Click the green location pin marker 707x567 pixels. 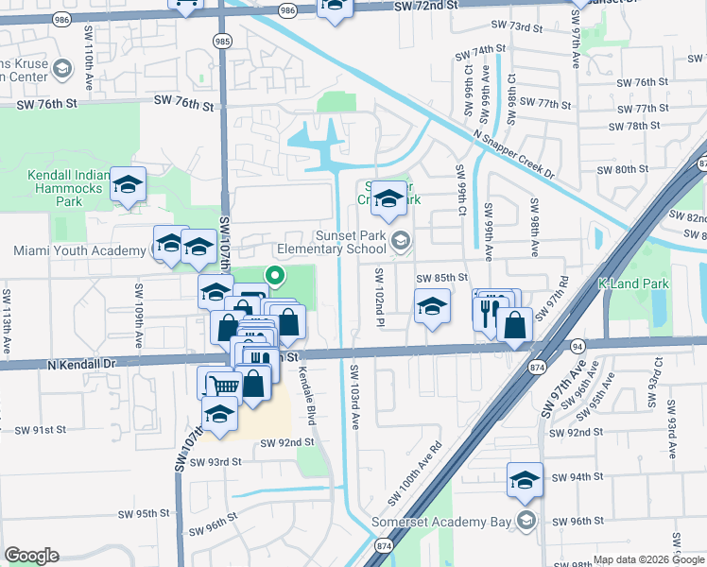pos(275,276)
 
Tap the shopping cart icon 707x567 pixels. pos(223,385)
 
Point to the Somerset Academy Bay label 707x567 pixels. pos(456,521)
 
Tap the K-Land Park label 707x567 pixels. pos(633,283)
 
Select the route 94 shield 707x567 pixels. pos(577,348)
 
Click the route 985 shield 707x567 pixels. pos(221,41)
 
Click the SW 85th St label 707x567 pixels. pos(442,278)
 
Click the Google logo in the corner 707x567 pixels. pos(31,555)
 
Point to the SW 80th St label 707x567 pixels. pos(624,170)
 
